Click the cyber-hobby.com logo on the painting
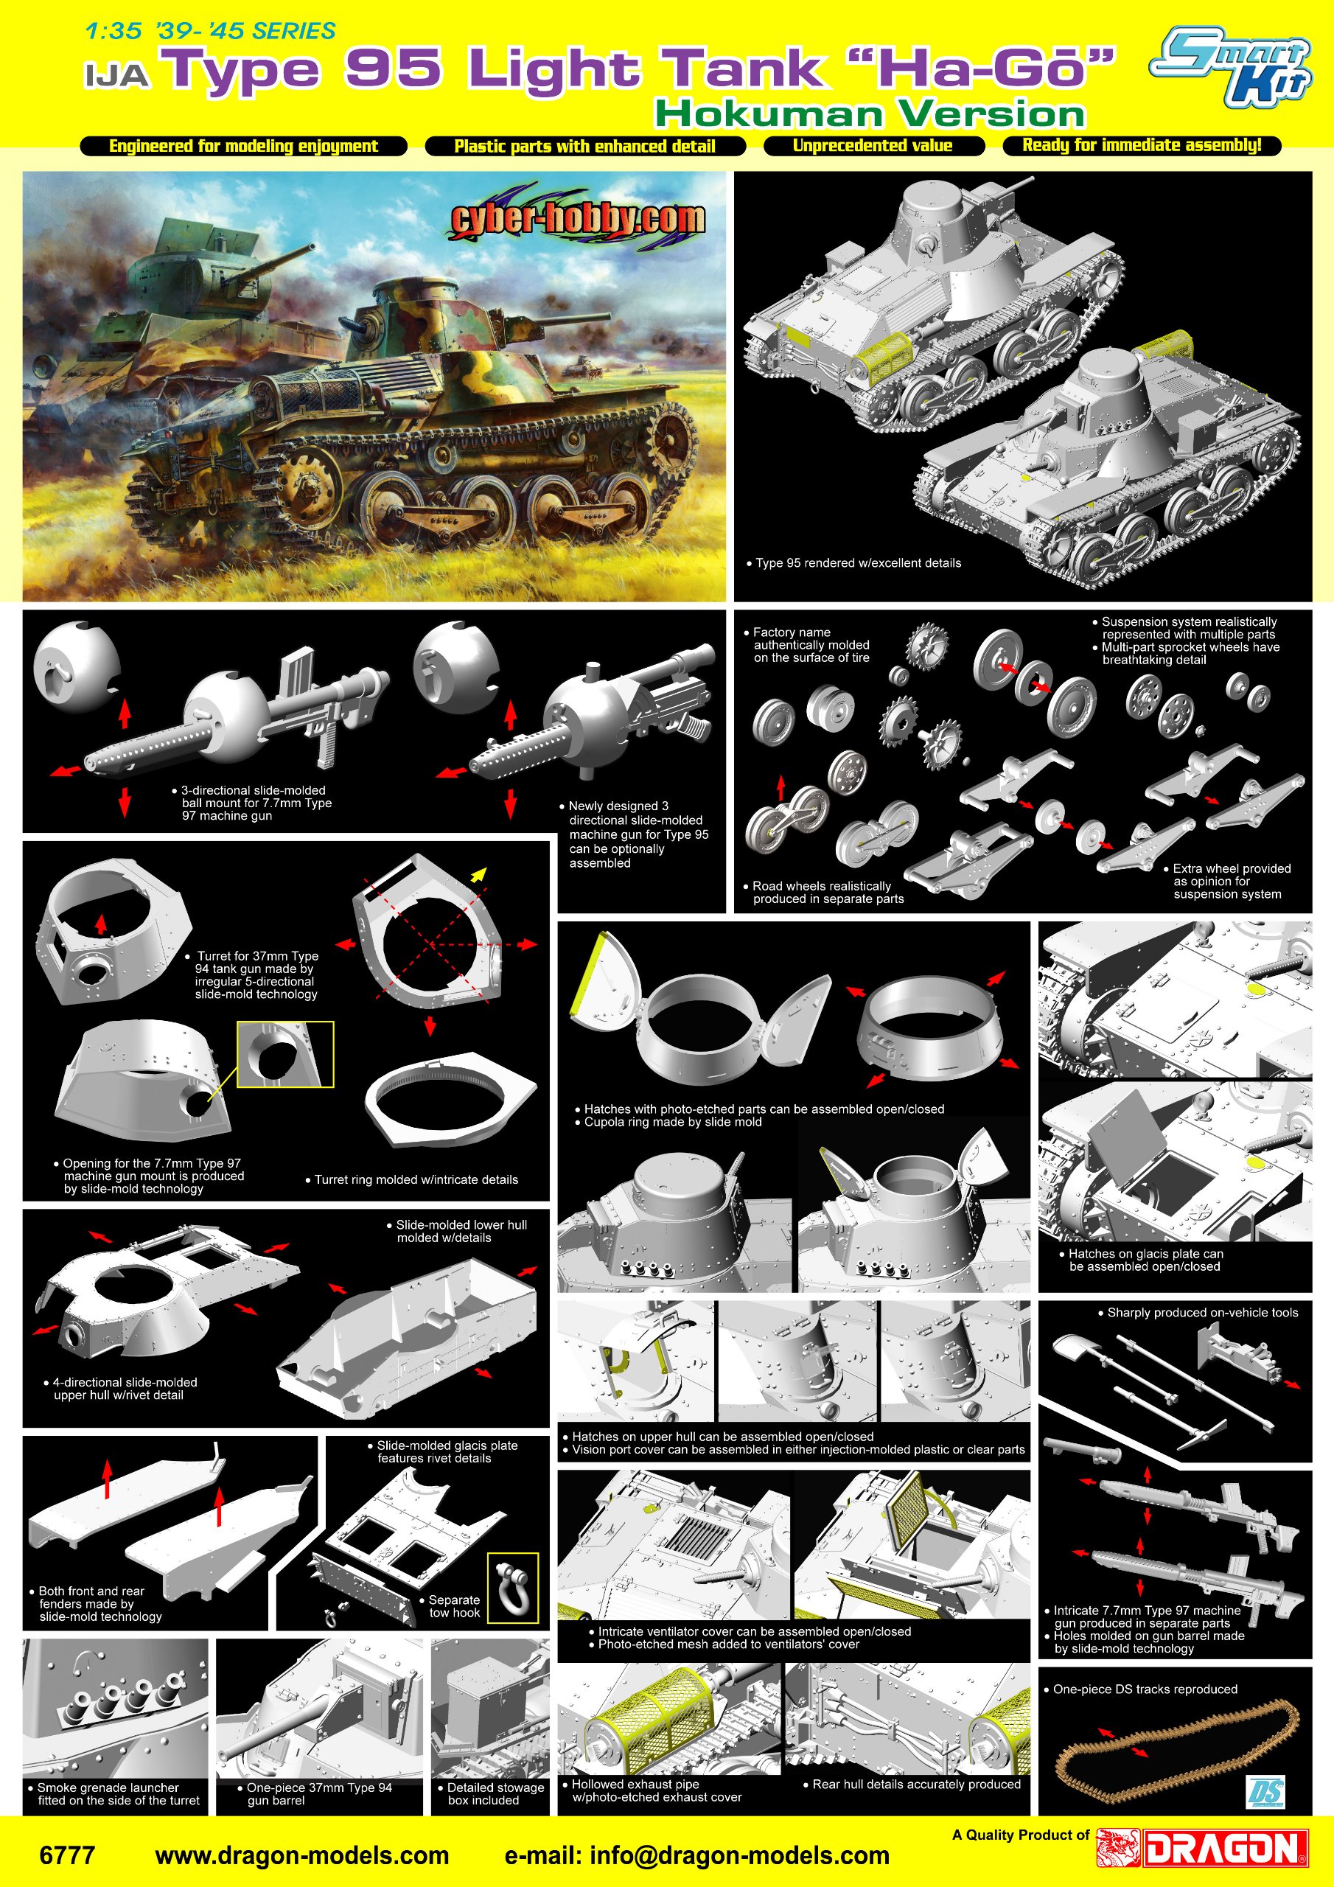(578, 217)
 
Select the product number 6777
(67, 1855)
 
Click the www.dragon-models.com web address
(301, 1855)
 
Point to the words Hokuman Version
(870, 114)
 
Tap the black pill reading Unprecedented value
(873, 145)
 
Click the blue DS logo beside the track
(1265, 1792)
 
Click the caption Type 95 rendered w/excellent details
(858, 563)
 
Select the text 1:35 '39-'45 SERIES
(210, 31)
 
